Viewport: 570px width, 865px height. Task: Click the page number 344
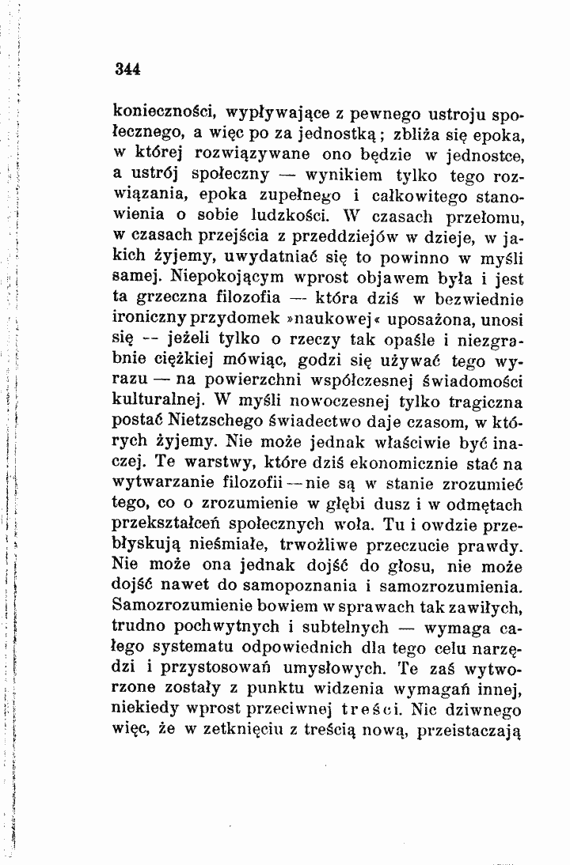(127, 68)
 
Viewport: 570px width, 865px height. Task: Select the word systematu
(195, 648)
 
